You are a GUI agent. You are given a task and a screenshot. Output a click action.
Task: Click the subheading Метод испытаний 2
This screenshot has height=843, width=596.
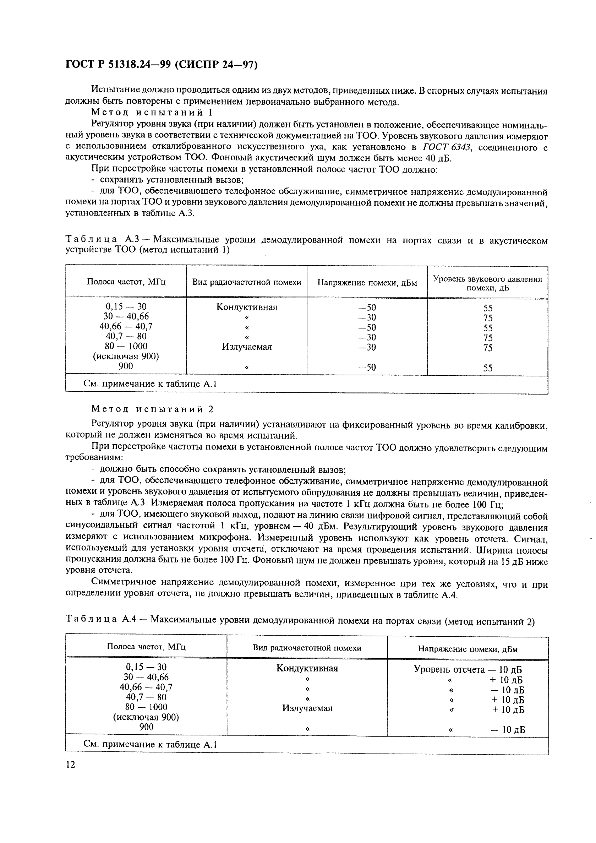click(152, 409)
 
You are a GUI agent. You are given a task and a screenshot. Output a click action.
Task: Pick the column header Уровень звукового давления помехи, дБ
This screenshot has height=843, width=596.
click(487, 283)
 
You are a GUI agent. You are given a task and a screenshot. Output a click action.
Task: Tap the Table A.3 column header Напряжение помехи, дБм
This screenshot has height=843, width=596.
click(367, 283)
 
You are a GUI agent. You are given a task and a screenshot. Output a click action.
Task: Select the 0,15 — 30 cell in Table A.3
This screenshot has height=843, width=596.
click(126, 306)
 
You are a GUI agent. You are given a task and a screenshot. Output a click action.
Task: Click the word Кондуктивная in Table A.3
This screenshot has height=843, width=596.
click(247, 307)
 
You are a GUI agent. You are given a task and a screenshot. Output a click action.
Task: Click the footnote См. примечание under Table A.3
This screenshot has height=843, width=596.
click(150, 384)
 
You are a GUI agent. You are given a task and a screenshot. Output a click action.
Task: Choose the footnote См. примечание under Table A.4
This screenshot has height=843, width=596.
click(150, 745)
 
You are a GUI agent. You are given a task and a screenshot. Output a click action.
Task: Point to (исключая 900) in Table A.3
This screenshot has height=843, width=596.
click(126, 356)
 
